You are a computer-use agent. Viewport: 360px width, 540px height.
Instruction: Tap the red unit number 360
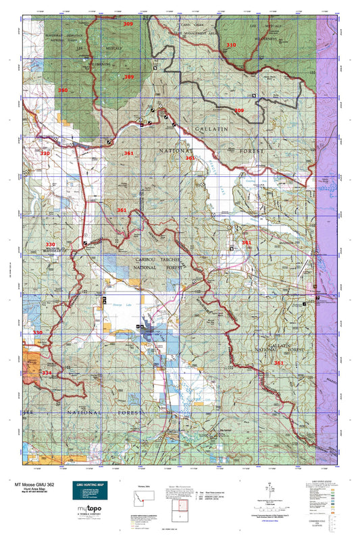[x=62, y=90]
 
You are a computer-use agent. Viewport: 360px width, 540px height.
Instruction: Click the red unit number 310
[x=231, y=45]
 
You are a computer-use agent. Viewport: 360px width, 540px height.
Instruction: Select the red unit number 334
[x=46, y=373]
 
